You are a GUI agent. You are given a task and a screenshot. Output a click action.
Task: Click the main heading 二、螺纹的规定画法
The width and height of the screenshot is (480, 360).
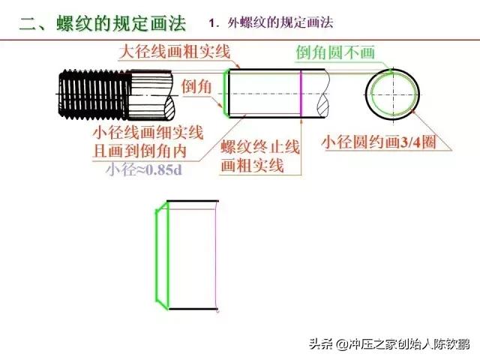tap(103, 23)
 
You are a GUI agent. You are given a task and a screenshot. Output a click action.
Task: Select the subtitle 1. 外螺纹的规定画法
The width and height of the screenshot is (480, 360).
tap(271, 23)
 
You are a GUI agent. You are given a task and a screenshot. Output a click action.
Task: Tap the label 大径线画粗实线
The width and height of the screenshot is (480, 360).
tap(175, 52)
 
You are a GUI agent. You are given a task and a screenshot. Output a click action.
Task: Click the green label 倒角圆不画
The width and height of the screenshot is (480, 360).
tap(335, 52)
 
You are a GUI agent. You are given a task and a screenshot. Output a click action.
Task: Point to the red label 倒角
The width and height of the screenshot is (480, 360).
tap(196, 86)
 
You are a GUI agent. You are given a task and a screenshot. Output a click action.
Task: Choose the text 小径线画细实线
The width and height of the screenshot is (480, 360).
tap(148, 133)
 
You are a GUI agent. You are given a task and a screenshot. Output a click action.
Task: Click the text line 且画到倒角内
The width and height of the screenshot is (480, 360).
tap(140, 151)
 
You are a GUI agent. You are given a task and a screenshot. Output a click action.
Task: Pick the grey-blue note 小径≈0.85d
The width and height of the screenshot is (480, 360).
tap(144, 169)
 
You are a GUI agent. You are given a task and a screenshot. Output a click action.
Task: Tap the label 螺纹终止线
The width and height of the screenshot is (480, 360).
tap(260, 147)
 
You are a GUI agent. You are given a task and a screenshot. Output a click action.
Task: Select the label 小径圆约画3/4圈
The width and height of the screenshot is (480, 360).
tap(379, 142)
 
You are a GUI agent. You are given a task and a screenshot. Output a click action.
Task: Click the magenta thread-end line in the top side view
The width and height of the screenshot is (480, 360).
tap(301, 93)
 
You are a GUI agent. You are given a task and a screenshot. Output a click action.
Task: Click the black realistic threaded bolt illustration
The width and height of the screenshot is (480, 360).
tap(116, 95)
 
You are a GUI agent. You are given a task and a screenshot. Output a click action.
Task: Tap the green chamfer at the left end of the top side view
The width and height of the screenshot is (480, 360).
tap(226, 93)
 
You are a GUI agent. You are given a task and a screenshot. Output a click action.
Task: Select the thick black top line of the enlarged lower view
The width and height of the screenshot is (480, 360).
tap(193, 202)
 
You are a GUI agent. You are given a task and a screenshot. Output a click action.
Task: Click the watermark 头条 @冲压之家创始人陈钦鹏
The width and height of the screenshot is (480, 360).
tap(389, 343)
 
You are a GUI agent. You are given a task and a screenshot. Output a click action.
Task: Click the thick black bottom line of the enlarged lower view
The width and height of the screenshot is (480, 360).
tap(193, 308)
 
